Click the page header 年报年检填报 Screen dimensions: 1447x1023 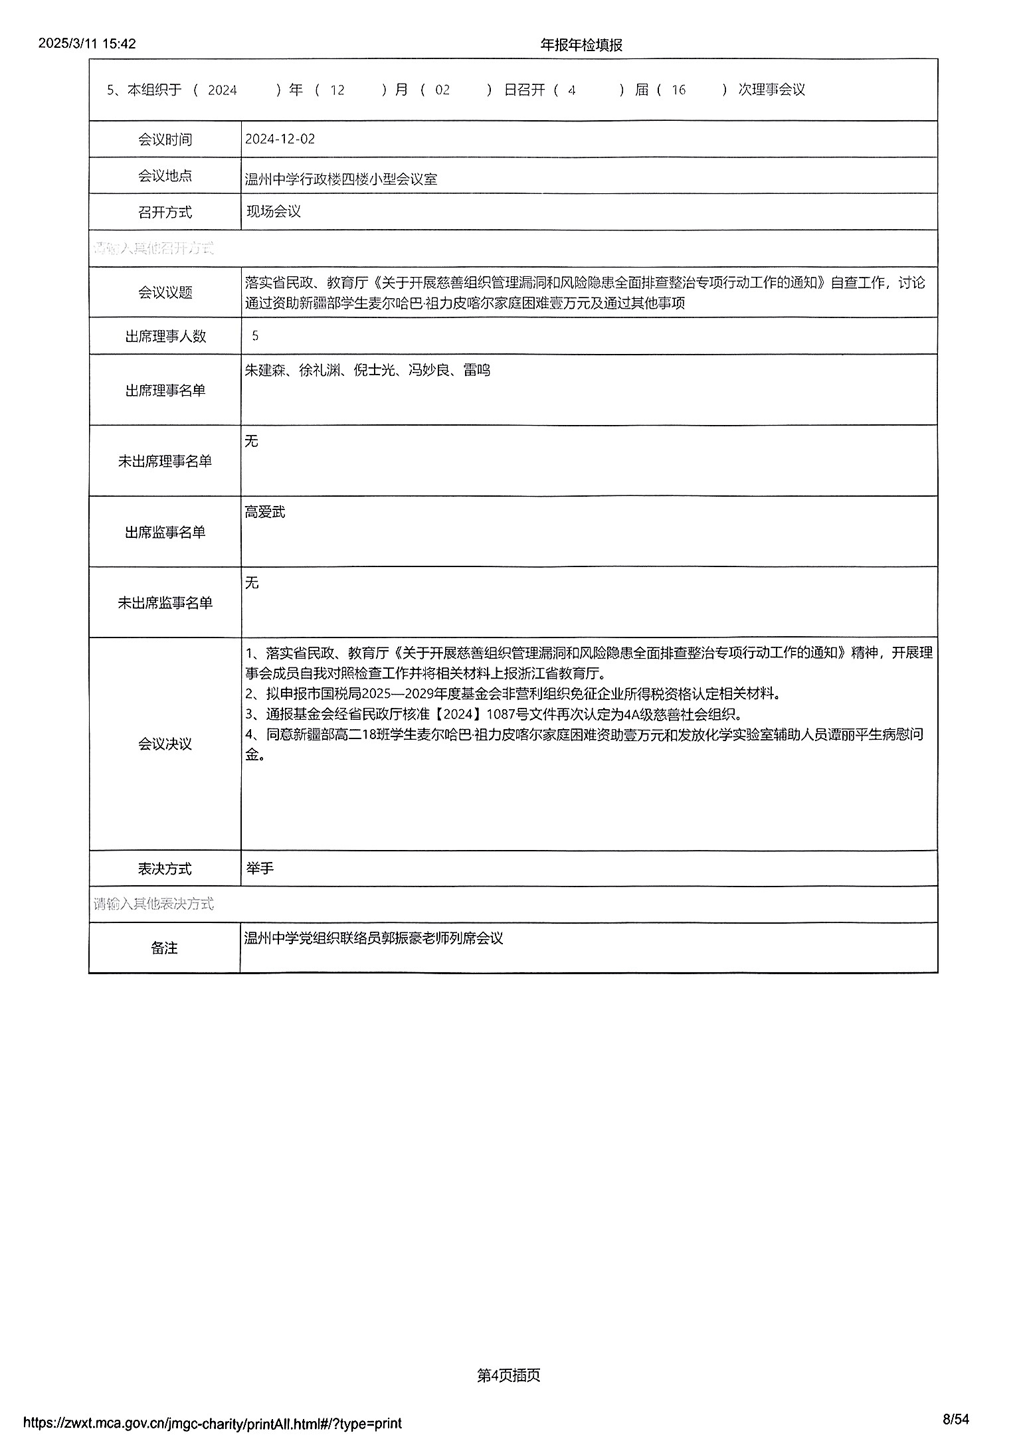tap(581, 44)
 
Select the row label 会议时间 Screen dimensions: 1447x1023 tap(165, 139)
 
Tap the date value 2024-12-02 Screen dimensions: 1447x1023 tap(280, 139)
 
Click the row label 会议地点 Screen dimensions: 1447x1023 tap(165, 176)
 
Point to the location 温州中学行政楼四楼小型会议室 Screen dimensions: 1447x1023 tap(341, 179)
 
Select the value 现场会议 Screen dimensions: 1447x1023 tap(274, 212)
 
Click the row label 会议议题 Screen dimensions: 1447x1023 tap(165, 292)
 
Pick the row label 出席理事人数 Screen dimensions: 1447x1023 tap(165, 336)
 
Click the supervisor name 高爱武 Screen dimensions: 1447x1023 tap(265, 512)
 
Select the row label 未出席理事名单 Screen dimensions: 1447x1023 tap(165, 461)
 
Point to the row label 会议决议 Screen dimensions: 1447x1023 tap(165, 744)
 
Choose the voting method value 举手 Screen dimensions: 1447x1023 tap(260, 868)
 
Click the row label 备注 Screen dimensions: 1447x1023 tap(165, 948)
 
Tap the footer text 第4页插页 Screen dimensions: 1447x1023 tap(508, 1375)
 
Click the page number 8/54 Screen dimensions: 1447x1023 tap(956, 1420)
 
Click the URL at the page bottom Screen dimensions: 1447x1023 tap(213, 1423)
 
